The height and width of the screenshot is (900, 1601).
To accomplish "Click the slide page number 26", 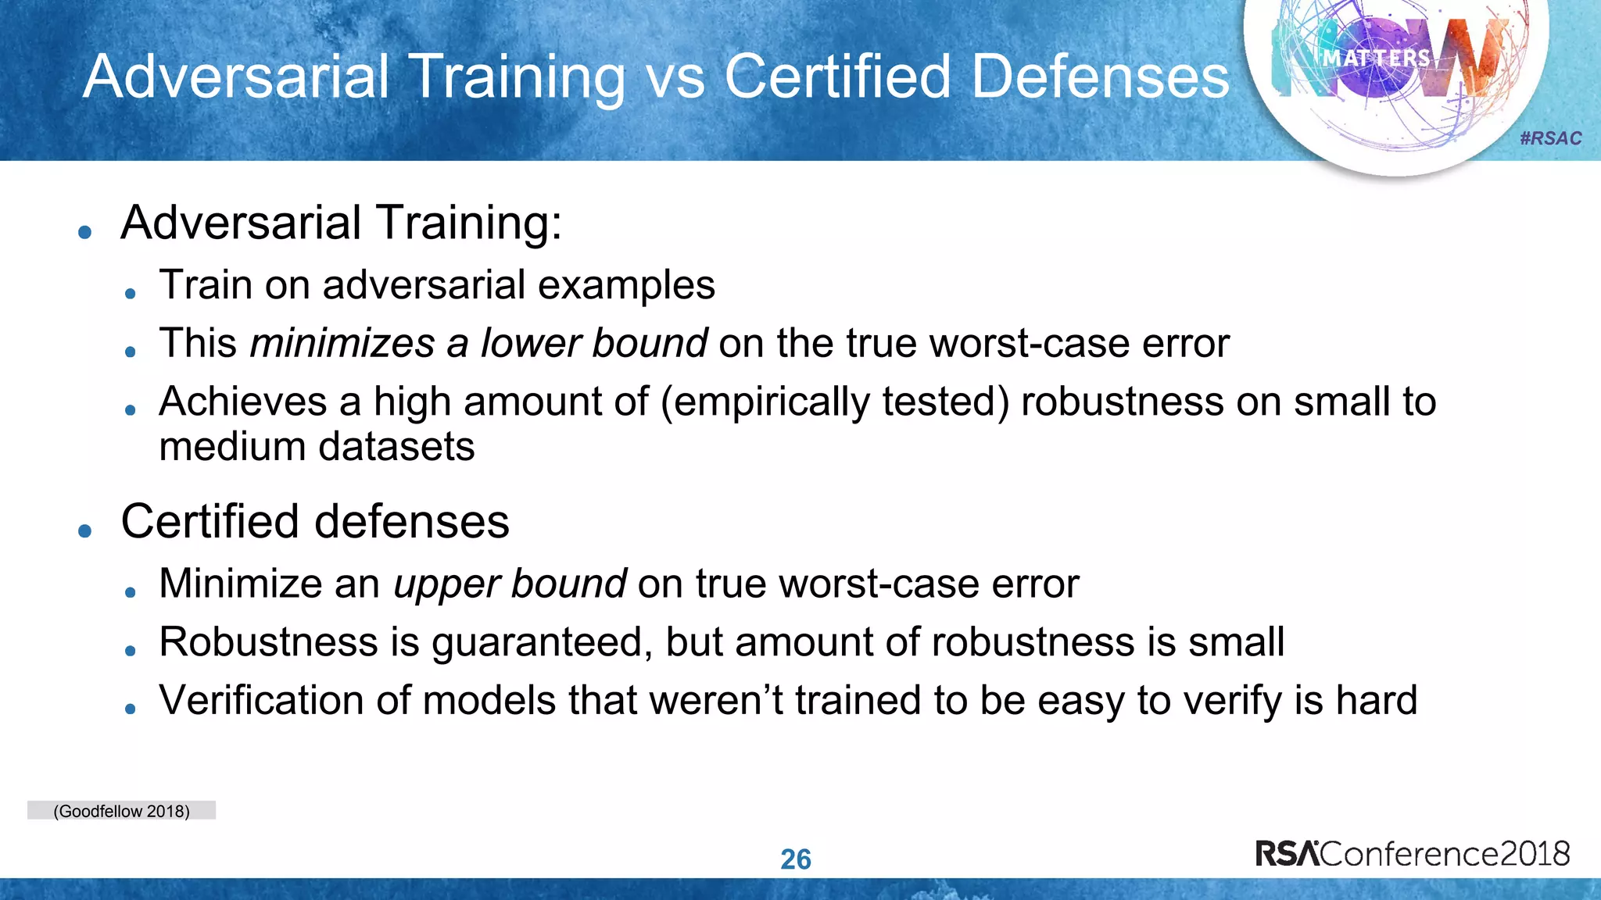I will tap(796, 859).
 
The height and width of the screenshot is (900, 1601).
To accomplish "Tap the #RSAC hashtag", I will tap(1550, 138).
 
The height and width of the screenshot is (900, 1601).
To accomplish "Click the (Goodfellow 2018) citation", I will tap(121, 811).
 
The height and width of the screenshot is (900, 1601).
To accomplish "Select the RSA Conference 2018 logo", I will tap(1413, 853).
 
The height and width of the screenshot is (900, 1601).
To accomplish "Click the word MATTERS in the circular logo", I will tap(1376, 58).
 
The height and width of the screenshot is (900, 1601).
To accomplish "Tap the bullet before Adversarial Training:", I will tap(85, 232).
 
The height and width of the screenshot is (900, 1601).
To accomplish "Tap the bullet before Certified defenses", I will tap(85, 531).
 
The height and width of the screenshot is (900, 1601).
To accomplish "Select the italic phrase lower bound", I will tap(594, 343).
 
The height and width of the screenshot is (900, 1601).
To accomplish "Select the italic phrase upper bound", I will tap(510, 584).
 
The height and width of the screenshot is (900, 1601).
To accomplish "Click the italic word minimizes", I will tap(342, 343).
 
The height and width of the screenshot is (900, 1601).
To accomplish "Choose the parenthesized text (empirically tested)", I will tap(835, 402).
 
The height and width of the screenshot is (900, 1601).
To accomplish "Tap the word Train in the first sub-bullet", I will tap(206, 284).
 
